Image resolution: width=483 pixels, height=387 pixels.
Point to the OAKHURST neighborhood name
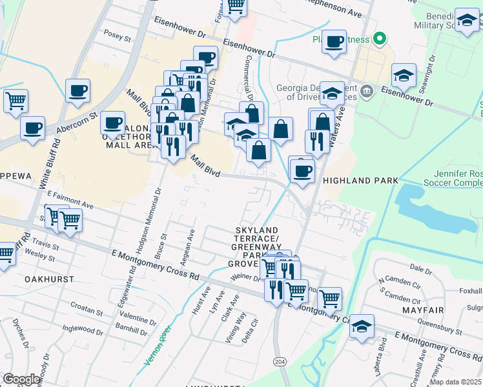49,279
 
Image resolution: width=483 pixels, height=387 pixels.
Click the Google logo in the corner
21,379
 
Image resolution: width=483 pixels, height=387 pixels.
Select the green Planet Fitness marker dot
380,39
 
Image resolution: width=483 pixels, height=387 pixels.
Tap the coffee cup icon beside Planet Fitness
334,43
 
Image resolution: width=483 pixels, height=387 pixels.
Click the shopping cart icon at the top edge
236,6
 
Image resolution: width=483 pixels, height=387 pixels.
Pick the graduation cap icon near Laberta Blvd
362,326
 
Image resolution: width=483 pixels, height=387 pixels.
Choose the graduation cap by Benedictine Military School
466,21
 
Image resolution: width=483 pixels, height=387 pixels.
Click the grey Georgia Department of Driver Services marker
367,90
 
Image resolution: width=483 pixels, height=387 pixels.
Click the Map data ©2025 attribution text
455,382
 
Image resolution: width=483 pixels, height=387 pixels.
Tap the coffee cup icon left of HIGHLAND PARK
301,171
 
